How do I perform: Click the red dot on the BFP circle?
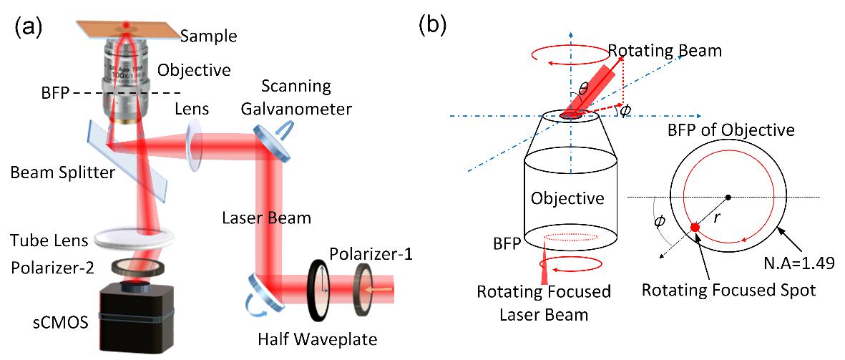(695, 228)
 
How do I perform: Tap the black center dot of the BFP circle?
(728, 197)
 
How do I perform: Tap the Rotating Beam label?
(665, 52)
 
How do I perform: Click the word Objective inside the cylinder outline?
(567, 198)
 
